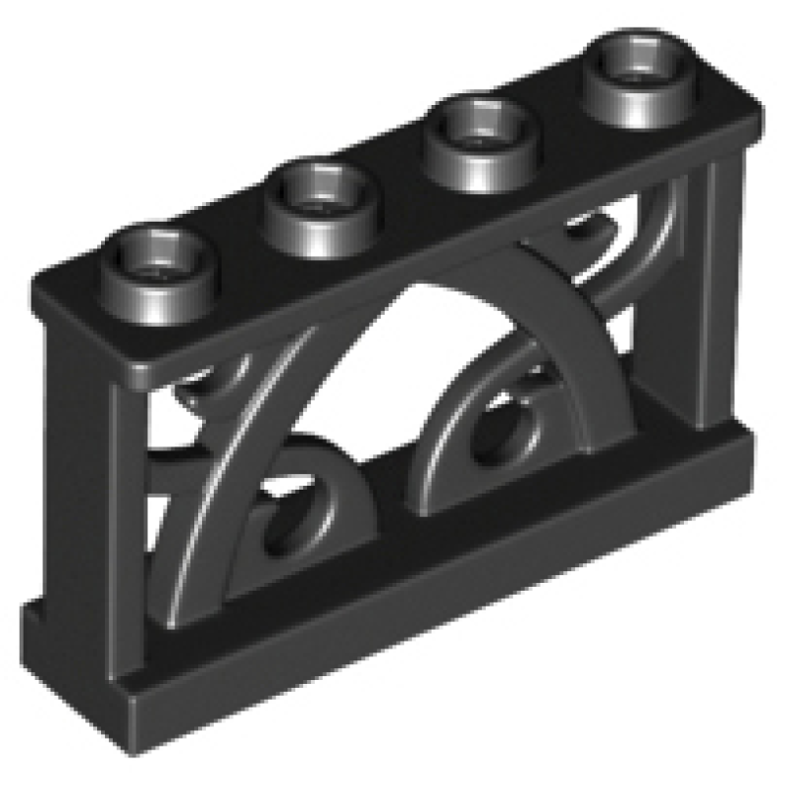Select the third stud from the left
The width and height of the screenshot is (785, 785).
click(475, 131)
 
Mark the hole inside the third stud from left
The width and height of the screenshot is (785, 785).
click(475, 118)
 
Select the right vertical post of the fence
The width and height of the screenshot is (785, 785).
click(721, 294)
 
